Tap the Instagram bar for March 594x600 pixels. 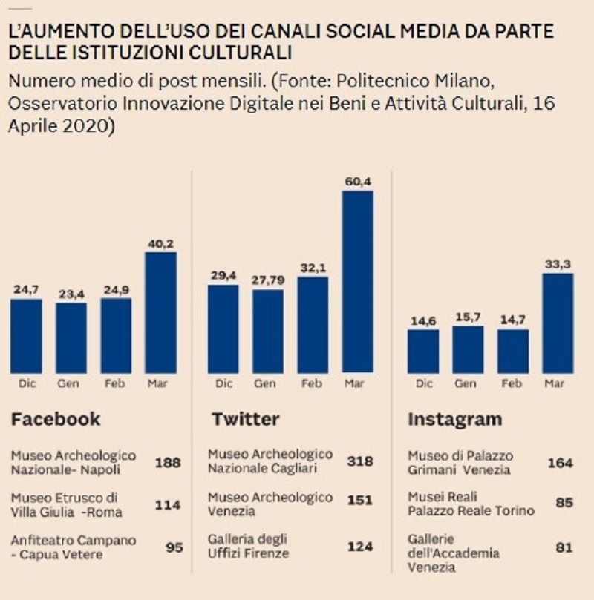[x=557, y=323]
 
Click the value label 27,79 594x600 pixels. [x=267, y=281]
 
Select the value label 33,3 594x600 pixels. [x=557, y=265]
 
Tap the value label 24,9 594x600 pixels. [x=116, y=290]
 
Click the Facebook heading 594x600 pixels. [x=56, y=419]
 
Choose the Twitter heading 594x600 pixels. [x=245, y=419]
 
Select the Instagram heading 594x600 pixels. [x=454, y=419]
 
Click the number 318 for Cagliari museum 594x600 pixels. [x=361, y=461]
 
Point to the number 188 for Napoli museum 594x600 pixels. [x=169, y=462]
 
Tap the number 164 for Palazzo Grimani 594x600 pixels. [x=559, y=463]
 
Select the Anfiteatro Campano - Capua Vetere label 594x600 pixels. [x=74, y=547]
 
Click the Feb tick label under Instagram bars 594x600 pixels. [x=512, y=383]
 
